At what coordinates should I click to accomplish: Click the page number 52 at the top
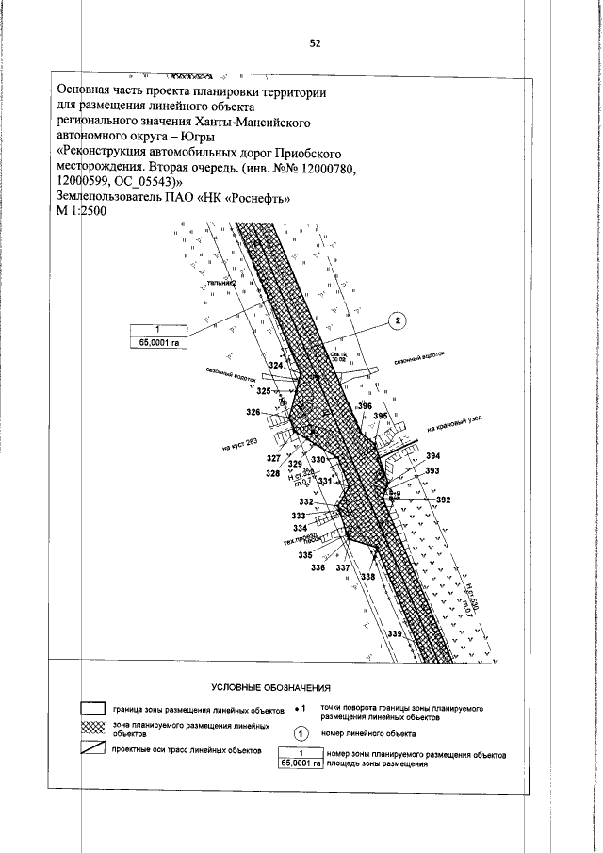click(x=315, y=42)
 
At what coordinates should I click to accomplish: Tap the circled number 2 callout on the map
click(x=399, y=320)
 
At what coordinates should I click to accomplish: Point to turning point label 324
click(x=276, y=365)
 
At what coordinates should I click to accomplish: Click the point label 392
click(x=444, y=500)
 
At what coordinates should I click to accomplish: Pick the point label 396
click(x=365, y=405)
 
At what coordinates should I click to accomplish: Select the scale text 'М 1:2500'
click(x=82, y=212)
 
